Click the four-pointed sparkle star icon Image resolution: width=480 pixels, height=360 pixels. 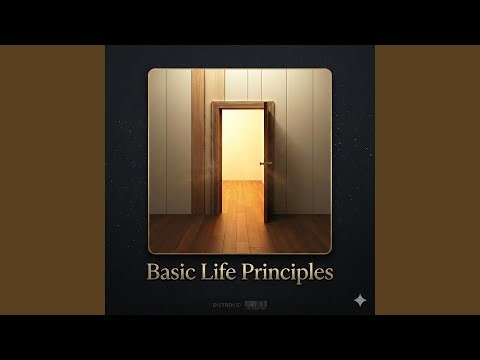click(x=359, y=300)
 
